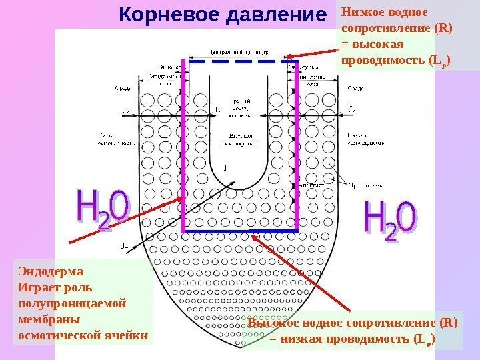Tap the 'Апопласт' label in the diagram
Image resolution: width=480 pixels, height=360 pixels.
pos(311,184)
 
